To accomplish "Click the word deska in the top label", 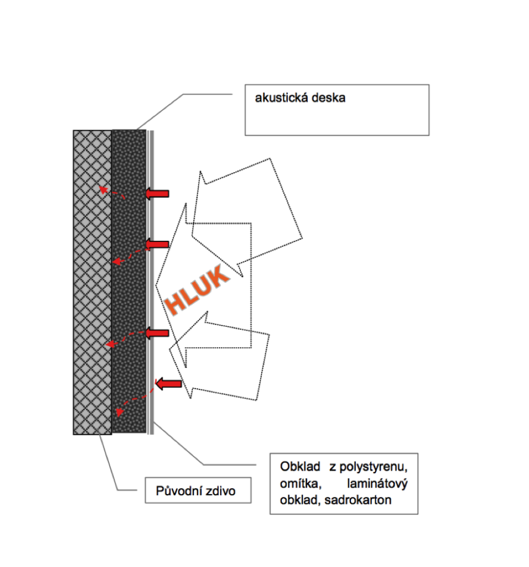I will pos(328,99).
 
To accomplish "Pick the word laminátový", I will pos(380,483).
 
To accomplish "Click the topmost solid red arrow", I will pos(158,193).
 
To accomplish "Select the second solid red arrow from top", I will pos(158,245).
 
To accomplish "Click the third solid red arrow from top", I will pos(158,333).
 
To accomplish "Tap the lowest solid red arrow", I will pos(168,383).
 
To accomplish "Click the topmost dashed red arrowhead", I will pos(100,188).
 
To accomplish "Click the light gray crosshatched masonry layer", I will pos(92,281).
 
